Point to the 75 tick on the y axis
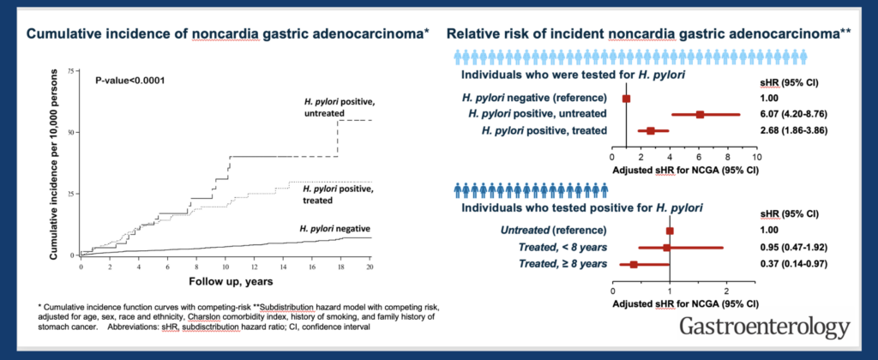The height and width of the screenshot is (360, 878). (x=69, y=69)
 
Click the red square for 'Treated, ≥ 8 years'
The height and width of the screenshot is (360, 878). (x=634, y=264)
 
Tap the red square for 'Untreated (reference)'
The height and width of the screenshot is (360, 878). (x=670, y=231)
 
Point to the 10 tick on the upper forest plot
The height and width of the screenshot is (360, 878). (x=756, y=158)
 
